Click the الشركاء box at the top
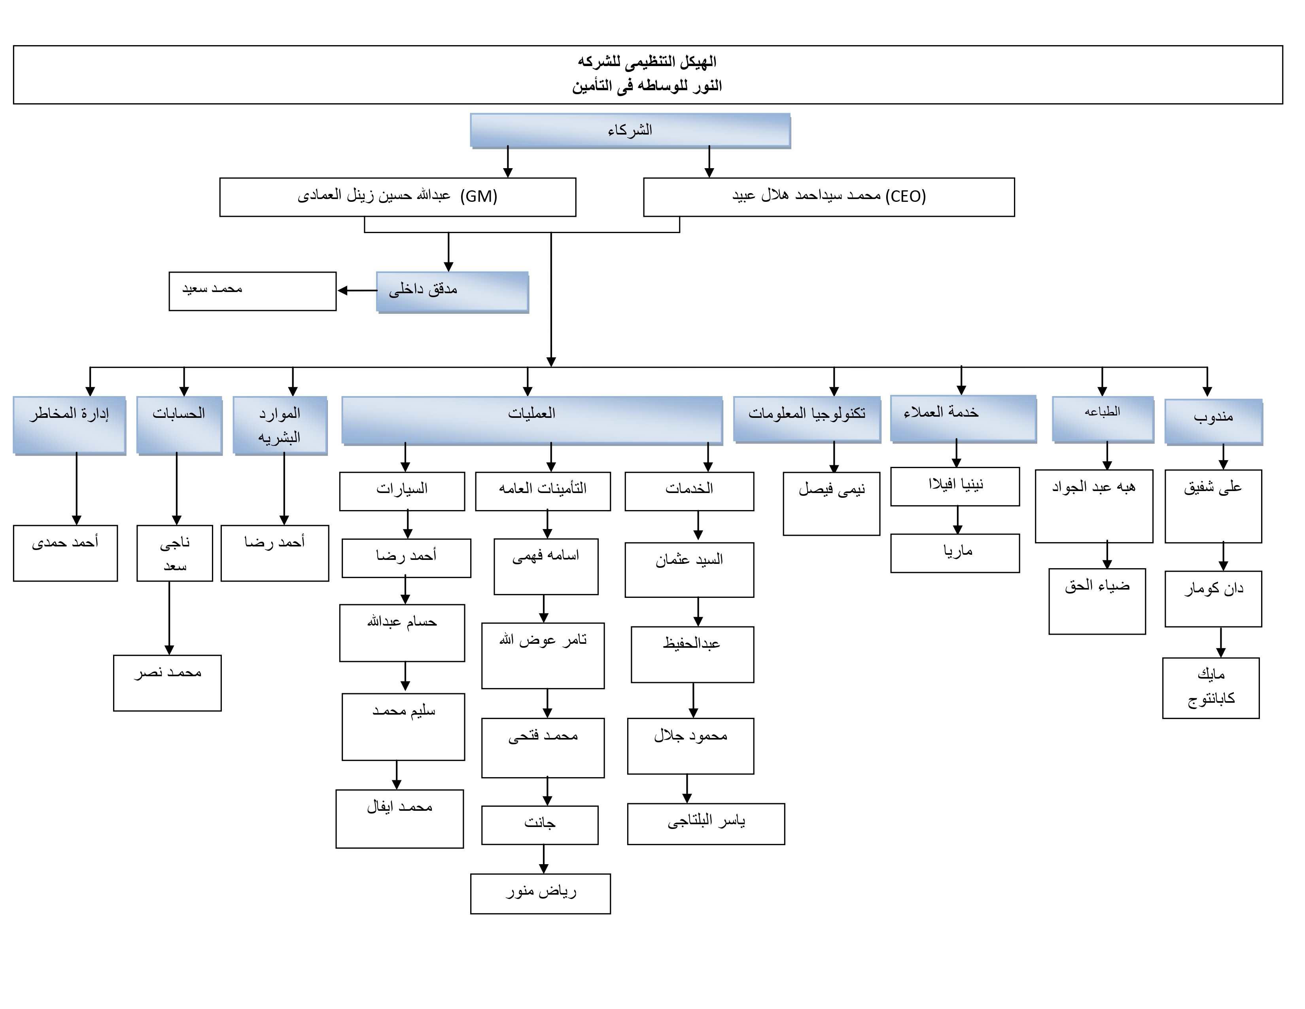630,130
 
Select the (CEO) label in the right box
906,196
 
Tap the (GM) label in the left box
478,196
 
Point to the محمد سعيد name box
252,291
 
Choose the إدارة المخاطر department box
69,424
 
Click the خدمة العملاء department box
963,418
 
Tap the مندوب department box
1213,421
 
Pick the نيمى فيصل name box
831,504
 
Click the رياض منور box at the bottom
540,893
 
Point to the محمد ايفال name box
399,818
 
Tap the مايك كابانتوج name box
1210,687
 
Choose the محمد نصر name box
167,683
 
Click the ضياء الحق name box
1097,601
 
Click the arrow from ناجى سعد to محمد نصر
169,618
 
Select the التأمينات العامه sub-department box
543,491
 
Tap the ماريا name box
955,553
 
